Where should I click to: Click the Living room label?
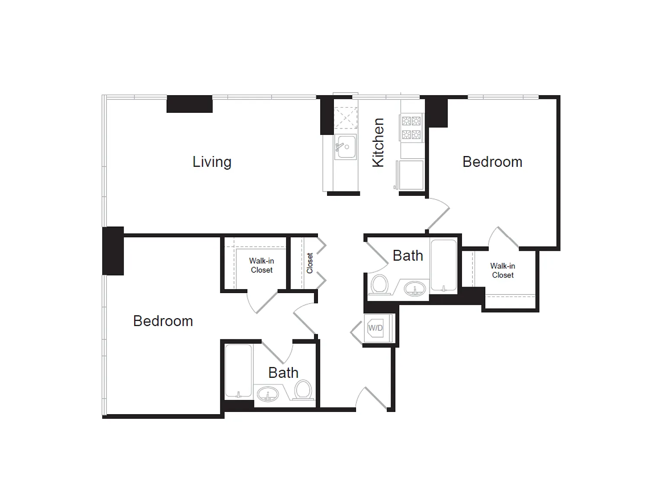pos(212,162)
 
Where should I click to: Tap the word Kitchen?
pos(378,143)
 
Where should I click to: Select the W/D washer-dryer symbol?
pos(375,328)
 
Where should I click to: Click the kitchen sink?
pos(345,147)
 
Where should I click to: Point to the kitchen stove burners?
pos(411,128)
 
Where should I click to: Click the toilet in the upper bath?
pos(380,284)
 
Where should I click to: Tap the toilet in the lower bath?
pos(303,389)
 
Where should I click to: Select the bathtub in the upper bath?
pos(443,265)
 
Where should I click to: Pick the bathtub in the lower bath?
pos(238,371)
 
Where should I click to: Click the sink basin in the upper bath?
pos(415,288)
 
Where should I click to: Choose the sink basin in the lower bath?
pos(268,394)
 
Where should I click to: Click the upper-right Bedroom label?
pos(492,162)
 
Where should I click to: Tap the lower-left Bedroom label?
pos(163,321)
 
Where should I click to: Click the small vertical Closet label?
pos(310,263)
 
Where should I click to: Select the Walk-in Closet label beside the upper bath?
pos(503,271)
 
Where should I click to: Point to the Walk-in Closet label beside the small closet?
pos(261,265)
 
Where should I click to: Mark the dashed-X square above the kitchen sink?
pos(346,118)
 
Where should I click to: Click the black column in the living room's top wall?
pos(189,104)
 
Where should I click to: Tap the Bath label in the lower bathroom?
pos(283,373)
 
